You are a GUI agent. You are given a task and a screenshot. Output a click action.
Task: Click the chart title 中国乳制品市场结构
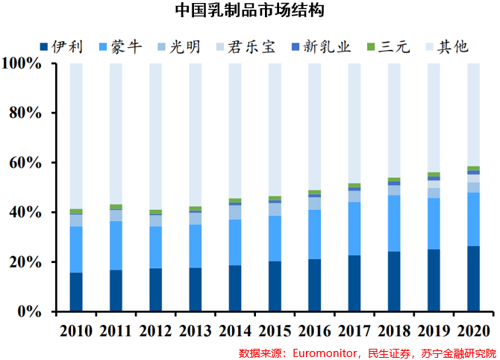click(x=250, y=10)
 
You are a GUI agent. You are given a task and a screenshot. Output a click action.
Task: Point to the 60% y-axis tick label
click(x=27, y=163)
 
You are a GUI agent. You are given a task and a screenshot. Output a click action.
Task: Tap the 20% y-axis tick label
click(x=27, y=262)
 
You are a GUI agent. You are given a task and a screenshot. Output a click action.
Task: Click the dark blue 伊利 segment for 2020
click(x=473, y=278)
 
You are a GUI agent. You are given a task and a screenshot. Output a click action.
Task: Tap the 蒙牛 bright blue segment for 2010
click(x=76, y=249)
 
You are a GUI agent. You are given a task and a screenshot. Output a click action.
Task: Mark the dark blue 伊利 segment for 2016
click(x=314, y=285)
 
